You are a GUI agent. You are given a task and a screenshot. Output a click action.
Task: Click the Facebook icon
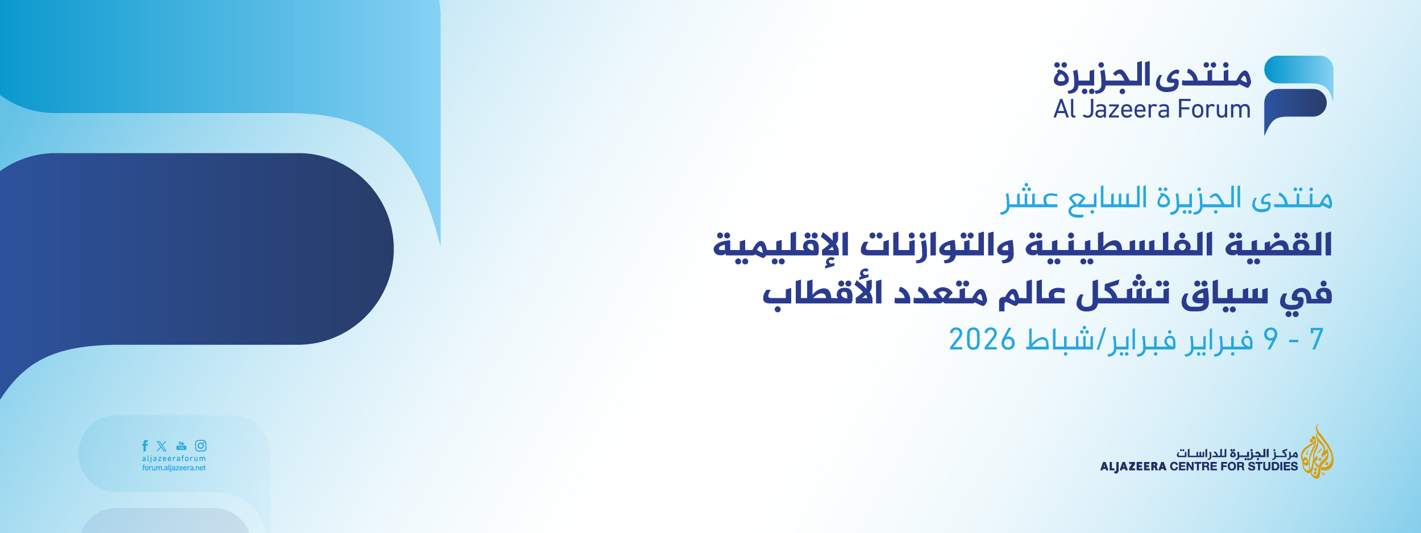click(145, 446)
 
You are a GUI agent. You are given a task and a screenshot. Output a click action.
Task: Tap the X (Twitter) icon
click(162, 446)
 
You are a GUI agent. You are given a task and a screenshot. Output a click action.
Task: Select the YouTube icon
click(181, 446)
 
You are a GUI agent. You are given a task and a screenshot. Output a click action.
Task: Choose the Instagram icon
click(201, 446)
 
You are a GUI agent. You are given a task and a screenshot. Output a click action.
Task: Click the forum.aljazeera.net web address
click(174, 468)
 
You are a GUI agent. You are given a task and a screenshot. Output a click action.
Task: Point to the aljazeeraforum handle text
click(174, 459)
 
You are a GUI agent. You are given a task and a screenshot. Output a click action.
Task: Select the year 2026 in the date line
click(982, 340)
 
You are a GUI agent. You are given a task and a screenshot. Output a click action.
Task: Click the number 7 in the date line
click(1317, 340)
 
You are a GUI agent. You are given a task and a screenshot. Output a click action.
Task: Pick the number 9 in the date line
click(1271, 340)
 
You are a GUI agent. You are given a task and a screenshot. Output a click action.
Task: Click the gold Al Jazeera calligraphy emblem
click(1317, 452)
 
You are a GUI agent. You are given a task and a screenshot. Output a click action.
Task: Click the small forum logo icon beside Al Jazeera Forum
click(1298, 95)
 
